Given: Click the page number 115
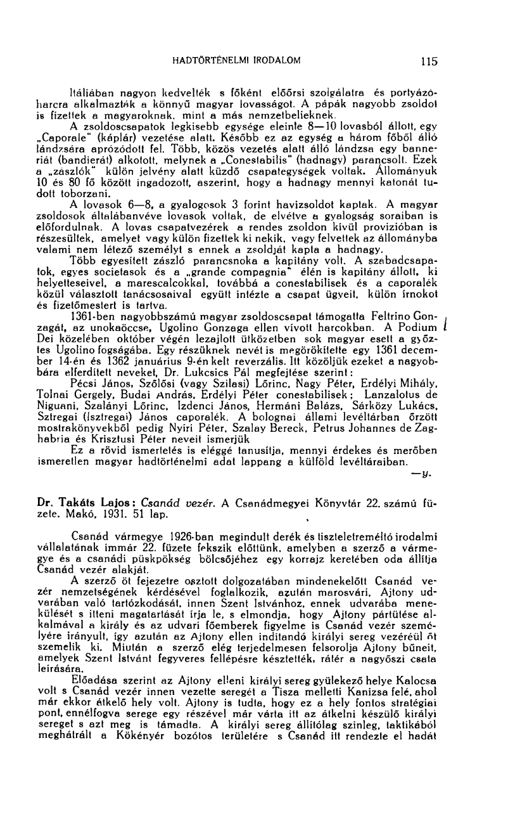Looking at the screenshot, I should (x=429, y=62).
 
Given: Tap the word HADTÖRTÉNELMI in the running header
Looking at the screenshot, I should (x=203, y=61).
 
